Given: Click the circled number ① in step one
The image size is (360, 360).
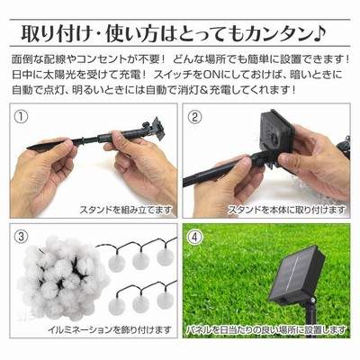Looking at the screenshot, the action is [22, 116].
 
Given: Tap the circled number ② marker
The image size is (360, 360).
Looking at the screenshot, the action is [195, 116].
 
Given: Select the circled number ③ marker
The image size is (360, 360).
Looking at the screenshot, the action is [22, 237].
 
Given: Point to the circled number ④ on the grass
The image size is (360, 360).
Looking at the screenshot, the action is [195, 237].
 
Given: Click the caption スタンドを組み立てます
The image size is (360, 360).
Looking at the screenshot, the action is [126, 210].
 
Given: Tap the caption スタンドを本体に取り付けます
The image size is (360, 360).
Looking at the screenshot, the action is [287, 210].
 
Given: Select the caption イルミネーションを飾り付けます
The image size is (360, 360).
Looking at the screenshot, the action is [110, 329].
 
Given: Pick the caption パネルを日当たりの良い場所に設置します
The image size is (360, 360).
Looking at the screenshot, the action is [265, 329].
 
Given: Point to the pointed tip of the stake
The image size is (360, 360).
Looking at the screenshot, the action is [28, 148].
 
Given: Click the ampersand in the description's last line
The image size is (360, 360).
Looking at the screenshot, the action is [211, 90].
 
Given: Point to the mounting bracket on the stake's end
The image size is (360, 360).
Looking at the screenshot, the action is [157, 129].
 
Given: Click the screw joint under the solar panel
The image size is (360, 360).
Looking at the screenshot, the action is [312, 300].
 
